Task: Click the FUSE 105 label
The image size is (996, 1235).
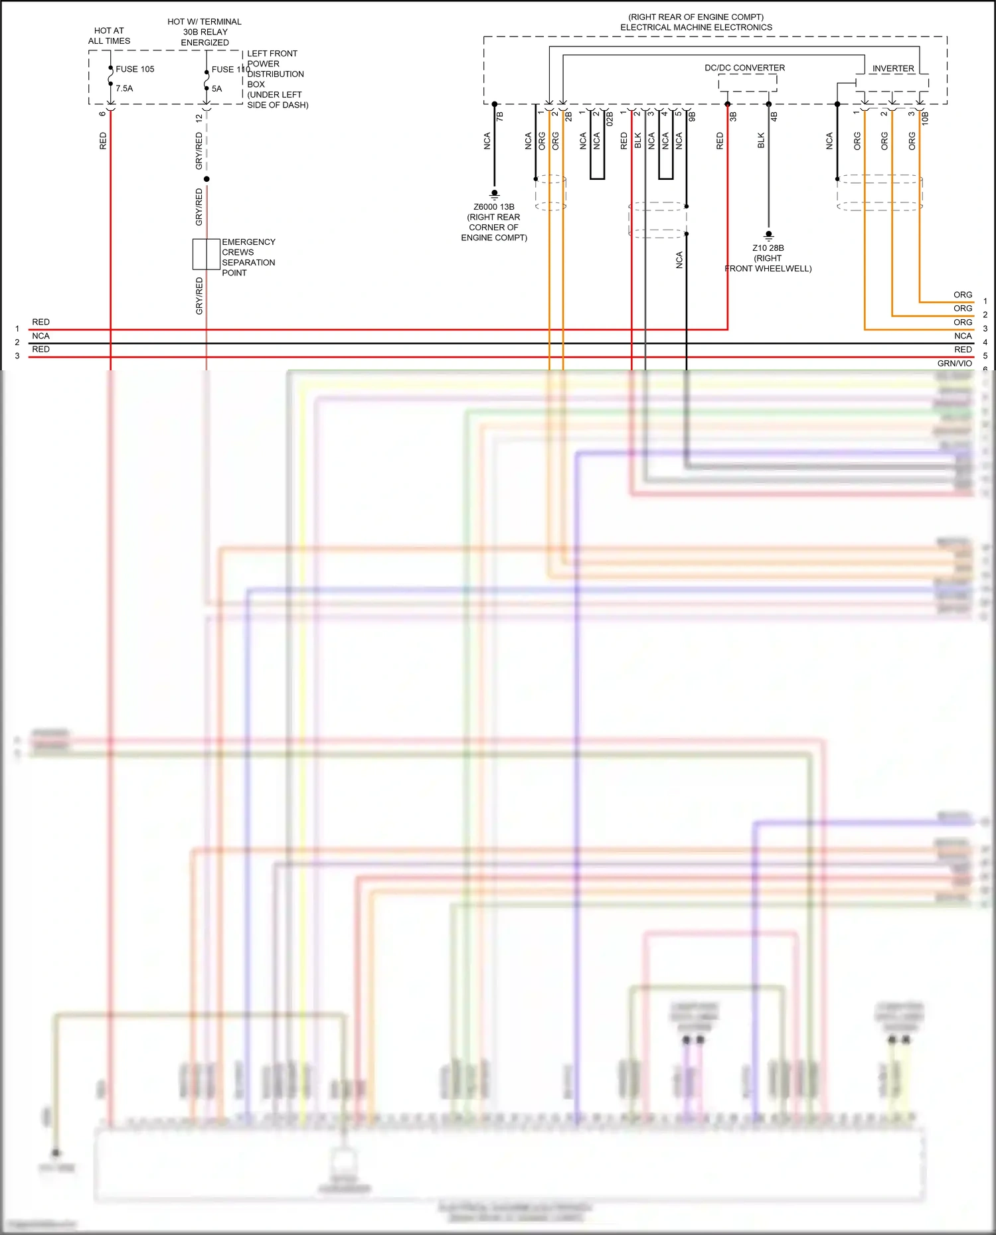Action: coord(135,69)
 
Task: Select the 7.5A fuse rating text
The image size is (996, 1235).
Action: coord(124,88)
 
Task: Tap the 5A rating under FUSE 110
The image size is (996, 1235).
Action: coord(216,89)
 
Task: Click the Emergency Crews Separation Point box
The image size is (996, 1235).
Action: coord(207,254)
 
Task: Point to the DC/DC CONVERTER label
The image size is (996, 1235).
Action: coord(744,68)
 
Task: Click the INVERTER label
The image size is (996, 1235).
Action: coord(892,68)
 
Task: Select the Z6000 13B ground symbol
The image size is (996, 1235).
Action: coord(494,194)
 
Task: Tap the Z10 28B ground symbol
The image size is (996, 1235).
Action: coord(768,236)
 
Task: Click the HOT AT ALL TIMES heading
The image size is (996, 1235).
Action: coord(109,36)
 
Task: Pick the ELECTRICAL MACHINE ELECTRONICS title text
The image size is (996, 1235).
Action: coord(696,27)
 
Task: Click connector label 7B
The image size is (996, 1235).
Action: coord(500,116)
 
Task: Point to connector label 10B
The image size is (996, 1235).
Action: coord(925,118)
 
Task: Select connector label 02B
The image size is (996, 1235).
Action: coord(610,119)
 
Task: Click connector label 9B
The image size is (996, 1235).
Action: coord(692,116)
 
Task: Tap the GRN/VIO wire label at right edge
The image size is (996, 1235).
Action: coord(954,363)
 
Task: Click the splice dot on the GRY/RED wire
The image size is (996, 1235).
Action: coord(207,179)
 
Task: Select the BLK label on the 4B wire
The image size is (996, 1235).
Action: coord(762,141)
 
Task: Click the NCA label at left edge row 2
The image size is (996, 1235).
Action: coord(41,336)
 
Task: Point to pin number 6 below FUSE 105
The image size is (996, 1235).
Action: coord(102,113)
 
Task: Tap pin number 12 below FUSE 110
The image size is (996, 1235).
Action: coord(199,118)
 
